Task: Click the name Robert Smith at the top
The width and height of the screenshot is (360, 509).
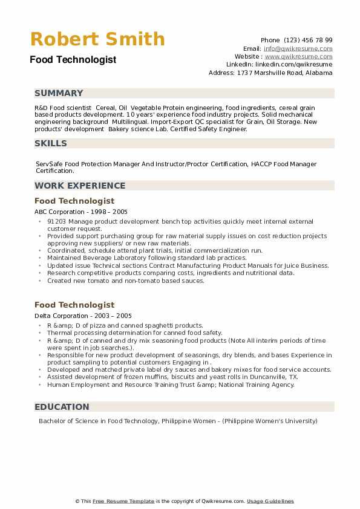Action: click(97, 39)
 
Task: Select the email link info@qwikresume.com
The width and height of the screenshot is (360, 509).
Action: click(298, 48)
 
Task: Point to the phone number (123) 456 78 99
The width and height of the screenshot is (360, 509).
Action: click(307, 40)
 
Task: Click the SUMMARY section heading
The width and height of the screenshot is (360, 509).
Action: click(59, 93)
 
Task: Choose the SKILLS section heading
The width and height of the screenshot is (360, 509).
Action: click(51, 143)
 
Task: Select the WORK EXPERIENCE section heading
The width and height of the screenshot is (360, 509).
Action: click(80, 186)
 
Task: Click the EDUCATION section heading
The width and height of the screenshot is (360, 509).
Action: click(62, 407)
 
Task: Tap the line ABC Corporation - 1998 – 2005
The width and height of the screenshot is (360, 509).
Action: click(81, 212)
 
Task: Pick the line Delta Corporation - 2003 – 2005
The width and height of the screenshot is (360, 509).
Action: click(83, 316)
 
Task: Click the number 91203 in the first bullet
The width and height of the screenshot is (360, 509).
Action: click(57, 221)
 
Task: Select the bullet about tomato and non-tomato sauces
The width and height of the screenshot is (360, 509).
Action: click(126, 280)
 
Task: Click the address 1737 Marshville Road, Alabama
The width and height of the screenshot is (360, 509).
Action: click(284, 73)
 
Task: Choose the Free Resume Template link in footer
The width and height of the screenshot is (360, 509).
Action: click(124, 501)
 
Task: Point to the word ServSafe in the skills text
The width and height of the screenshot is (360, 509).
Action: click(50, 164)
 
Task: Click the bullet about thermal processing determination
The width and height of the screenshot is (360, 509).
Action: click(134, 332)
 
